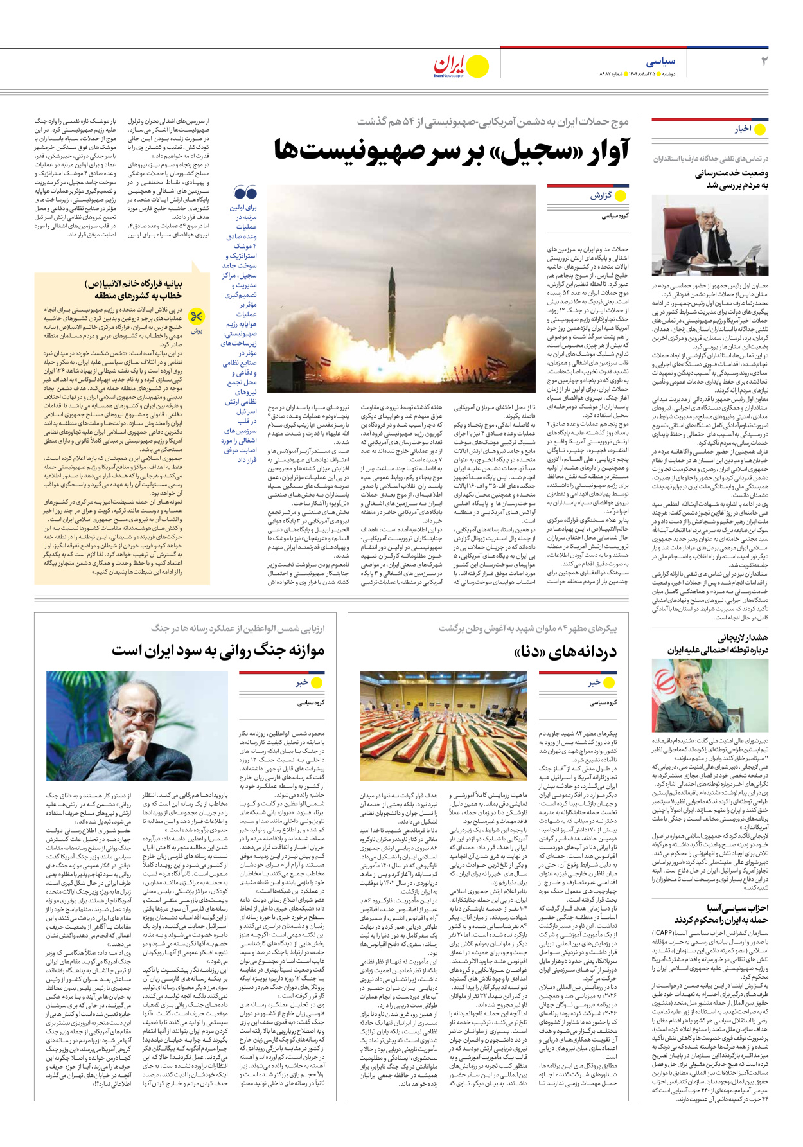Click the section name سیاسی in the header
point(660,62)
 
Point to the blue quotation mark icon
point(245,193)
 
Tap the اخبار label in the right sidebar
point(743,129)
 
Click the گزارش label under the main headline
point(601,195)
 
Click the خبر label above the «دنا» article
point(594,682)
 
